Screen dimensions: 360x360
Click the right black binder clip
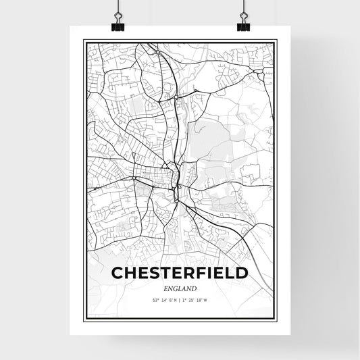pyautogui.click(x=243, y=25)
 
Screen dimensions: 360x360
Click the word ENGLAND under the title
pyautogui.click(x=179, y=288)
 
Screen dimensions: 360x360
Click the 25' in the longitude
pyautogui.click(x=191, y=300)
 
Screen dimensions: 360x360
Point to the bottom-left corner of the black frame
pyautogui.click(x=83, y=317)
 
